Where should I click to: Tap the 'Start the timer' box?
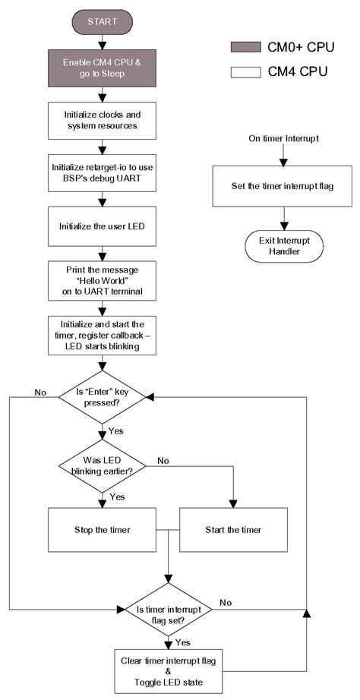(233, 529)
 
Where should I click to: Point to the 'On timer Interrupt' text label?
(282, 139)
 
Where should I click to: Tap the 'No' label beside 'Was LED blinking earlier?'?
(163, 460)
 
